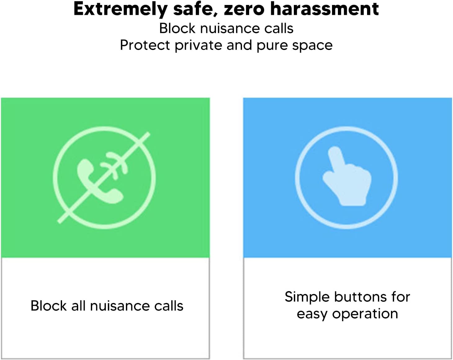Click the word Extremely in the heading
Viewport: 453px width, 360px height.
(120, 10)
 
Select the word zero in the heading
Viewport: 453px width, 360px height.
(244, 10)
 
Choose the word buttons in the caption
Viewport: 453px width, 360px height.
(360, 297)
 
